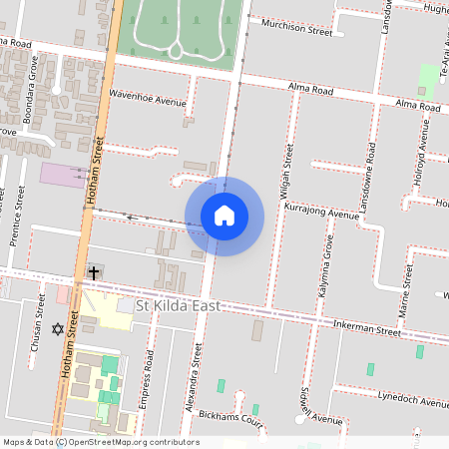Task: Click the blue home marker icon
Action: tap(224, 216)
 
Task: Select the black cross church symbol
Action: tap(94, 271)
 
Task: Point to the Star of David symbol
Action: tap(57, 328)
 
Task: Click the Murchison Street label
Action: tap(296, 30)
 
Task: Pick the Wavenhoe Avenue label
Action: tap(148, 101)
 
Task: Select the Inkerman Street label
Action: tap(367, 329)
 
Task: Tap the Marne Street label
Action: tap(405, 291)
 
